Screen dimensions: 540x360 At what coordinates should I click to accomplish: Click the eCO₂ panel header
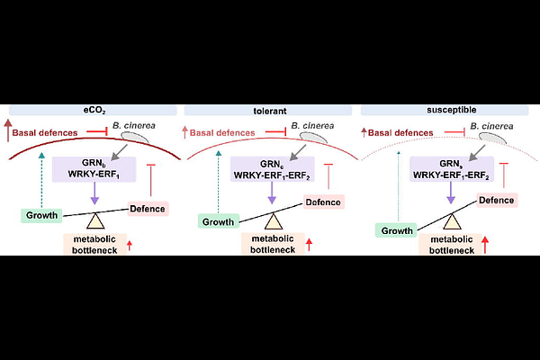pyautogui.click(x=93, y=111)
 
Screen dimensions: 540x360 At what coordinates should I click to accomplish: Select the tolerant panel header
pyautogui.click(x=268, y=111)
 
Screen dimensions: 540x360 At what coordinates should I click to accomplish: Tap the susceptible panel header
pyautogui.click(x=445, y=110)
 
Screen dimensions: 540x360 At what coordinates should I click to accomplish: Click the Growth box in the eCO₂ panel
pyautogui.click(x=41, y=215)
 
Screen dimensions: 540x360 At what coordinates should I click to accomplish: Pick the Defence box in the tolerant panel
pyautogui.click(x=324, y=202)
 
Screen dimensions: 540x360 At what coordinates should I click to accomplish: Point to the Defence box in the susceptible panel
pyautogui.click(x=497, y=200)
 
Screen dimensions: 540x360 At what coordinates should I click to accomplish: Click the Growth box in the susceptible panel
pyautogui.click(x=396, y=230)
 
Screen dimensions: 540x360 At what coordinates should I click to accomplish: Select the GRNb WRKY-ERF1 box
pyautogui.click(x=94, y=169)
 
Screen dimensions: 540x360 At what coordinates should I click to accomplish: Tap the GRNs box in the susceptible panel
pyautogui.click(x=452, y=169)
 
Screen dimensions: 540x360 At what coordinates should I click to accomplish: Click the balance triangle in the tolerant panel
pyautogui.click(x=274, y=222)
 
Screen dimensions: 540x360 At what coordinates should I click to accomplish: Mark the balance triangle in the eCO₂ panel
pyautogui.click(x=95, y=220)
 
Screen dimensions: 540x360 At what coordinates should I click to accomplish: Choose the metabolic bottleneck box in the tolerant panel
pyautogui.click(x=273, y=244)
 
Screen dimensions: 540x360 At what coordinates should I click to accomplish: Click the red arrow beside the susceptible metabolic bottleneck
pyautogui.click(x=485, y=244)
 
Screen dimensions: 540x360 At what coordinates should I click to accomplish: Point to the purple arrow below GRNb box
pyautogui.click(x=94, y=193)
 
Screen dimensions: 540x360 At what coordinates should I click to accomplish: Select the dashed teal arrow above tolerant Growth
pyautogui.click(x=219, y=182)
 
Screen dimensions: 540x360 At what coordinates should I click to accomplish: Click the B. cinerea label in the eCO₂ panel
pyautogui.click(x=134, y=126)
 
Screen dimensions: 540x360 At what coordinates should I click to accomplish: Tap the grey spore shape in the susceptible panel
pyautogui.click(x=493, y=138)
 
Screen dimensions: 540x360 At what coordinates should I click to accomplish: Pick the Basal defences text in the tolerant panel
pyautogui.click(x=222, y=133)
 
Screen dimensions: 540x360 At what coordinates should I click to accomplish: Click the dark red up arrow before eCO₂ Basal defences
pyautogui.click(x=7, y=130)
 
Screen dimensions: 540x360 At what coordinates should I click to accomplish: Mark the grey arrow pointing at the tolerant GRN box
pyautogui.click(x=298, y=153)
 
